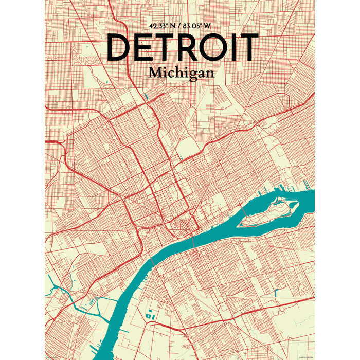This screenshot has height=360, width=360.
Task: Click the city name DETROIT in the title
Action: tap(182, 47)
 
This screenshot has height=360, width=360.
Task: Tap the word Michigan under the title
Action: tap(181, 73)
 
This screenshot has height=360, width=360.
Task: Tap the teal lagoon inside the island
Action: tap(282, 202)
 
